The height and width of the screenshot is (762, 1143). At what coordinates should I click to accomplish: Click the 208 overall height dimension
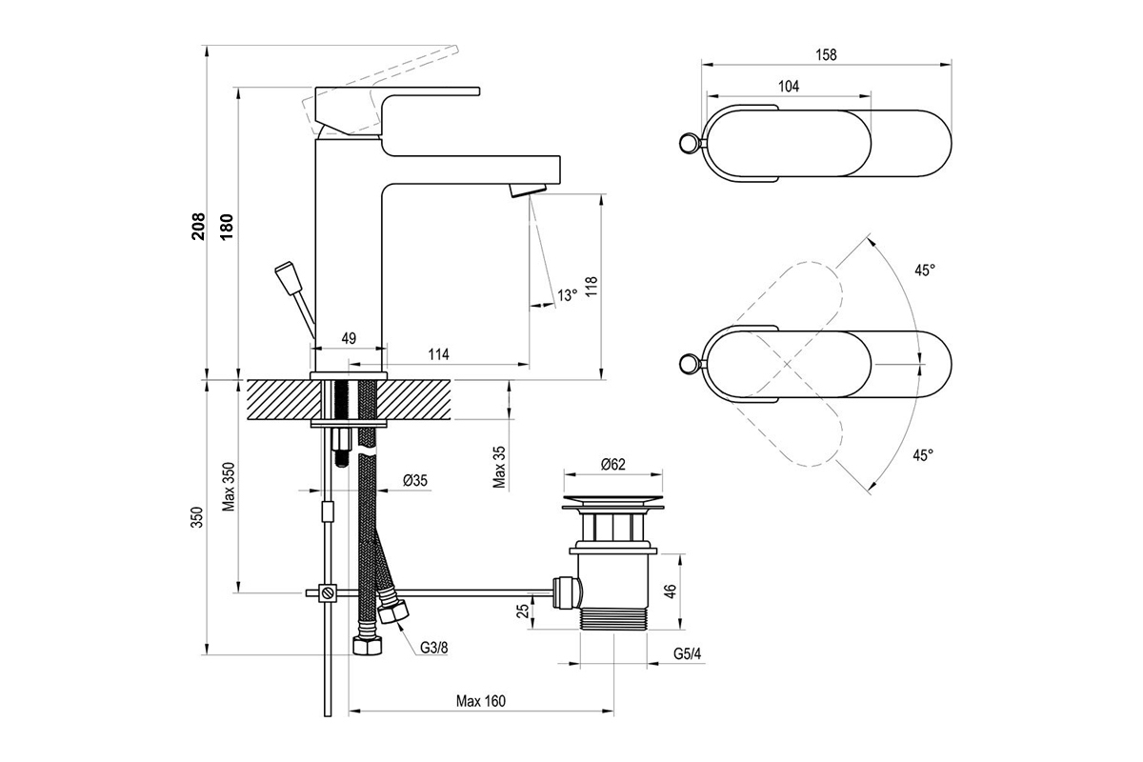pos(198,226)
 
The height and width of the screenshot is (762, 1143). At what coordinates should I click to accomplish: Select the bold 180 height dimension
pos(226,227)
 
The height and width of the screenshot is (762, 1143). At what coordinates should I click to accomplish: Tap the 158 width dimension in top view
pos(826,54)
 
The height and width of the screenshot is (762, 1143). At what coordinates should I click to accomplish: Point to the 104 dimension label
pos(789,87)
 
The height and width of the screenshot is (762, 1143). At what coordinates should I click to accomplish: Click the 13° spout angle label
pos(567,295)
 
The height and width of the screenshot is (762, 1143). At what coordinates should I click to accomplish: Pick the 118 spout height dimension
pos(591,288)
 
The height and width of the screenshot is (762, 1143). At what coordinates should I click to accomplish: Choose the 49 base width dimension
pos(349,338)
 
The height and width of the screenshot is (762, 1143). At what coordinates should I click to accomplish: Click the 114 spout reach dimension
pos(438,353)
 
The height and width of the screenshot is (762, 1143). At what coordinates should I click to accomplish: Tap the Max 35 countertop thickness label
pos(499,467)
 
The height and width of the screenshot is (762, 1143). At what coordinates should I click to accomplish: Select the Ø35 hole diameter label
pos(415,480)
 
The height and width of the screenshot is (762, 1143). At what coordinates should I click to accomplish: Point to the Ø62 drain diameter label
pos(612,464)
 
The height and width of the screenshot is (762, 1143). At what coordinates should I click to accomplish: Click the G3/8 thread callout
pos(433,648)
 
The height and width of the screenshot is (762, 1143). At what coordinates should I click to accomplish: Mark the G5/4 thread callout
pos(688,653)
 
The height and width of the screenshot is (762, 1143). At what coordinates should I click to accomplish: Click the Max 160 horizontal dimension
pos(481,701)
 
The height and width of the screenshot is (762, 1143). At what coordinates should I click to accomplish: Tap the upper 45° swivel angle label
pos(924,270)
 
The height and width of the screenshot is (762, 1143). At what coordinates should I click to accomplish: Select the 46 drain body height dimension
pos(671,591)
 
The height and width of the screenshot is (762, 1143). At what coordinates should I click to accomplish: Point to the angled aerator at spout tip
pos(528,190)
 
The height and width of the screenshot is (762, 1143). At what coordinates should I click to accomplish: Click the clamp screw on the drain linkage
pos(328,593)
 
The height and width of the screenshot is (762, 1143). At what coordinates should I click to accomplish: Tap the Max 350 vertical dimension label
pos(229,487)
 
